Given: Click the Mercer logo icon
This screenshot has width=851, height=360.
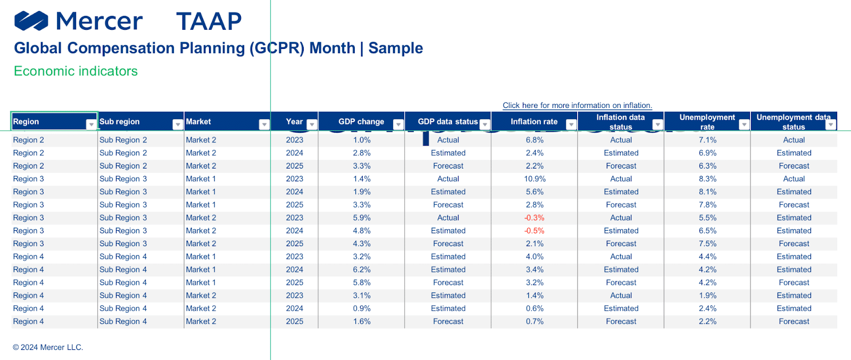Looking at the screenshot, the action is coord(31,21).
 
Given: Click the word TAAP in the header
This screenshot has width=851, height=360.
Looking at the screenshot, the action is coord(209,21).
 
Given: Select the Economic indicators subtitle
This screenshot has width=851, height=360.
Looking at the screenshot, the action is coord(76,71).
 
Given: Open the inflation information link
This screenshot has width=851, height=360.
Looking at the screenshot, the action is coord(577,105).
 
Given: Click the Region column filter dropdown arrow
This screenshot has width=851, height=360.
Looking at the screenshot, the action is coord(91,124).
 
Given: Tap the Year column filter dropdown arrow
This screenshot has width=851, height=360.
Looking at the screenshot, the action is coord(312,124).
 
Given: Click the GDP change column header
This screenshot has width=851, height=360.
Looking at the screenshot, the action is coord(361,122).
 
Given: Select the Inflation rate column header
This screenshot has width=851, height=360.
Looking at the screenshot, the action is coord(534,122).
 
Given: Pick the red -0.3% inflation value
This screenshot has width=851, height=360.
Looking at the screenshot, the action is coord(534,217).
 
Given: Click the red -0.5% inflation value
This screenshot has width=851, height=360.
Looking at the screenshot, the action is coord(534,230).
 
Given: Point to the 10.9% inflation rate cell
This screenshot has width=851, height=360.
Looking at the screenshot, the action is coord(535,179).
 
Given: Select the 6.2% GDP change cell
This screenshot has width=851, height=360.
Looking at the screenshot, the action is coord(362,270).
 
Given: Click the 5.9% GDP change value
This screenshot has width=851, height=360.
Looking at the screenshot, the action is coord(362,217).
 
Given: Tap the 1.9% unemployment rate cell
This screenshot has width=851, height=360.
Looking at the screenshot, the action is coord(707,296).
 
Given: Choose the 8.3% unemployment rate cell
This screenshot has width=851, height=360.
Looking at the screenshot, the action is coord(707,179).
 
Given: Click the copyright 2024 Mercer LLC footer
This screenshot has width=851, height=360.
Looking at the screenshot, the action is coord(48,347).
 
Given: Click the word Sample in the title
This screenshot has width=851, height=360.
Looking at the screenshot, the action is coord(396,48).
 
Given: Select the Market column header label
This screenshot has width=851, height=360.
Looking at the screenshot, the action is coord(198,122).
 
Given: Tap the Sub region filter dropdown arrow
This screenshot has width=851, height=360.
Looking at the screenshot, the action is coord(178,124).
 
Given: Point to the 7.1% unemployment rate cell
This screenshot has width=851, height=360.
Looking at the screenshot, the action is coord(707,140).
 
